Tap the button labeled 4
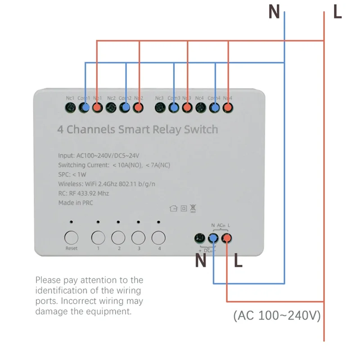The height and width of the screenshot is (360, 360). [158, 237]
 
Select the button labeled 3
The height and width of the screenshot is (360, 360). [138, 237]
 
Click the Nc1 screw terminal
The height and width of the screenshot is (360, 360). [70, 107]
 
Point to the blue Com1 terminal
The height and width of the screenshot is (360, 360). [84, 107]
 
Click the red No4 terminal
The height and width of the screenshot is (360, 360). [228, 107]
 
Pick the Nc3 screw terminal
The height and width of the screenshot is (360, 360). [159, 107]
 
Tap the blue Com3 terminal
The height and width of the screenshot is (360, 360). [173, 107]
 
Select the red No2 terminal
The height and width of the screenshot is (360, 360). [139, 107]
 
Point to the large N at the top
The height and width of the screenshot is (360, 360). [274, 12]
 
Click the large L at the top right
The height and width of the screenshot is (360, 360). [337, 12]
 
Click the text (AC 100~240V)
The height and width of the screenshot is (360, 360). [277, 316]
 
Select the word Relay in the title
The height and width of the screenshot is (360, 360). [168, 130]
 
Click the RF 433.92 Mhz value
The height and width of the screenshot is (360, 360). [89, 193]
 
